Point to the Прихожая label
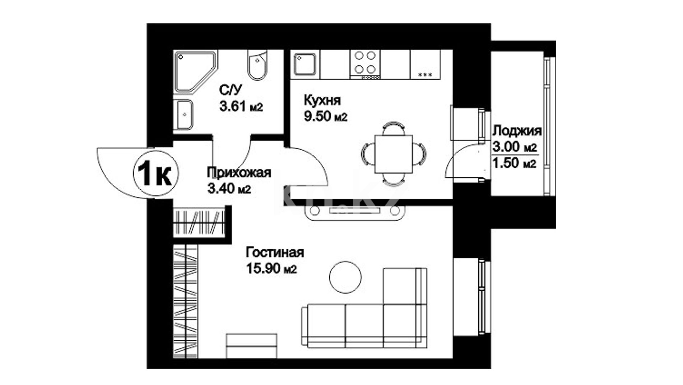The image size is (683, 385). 239,173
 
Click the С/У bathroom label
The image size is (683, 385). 231,89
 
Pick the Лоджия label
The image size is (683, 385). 517,131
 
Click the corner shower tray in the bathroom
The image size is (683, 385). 195,71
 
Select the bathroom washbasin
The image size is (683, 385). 184,114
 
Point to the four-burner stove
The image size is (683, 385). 365,64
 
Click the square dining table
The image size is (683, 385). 394,154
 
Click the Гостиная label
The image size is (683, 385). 275,252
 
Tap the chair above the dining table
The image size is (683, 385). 394,128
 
